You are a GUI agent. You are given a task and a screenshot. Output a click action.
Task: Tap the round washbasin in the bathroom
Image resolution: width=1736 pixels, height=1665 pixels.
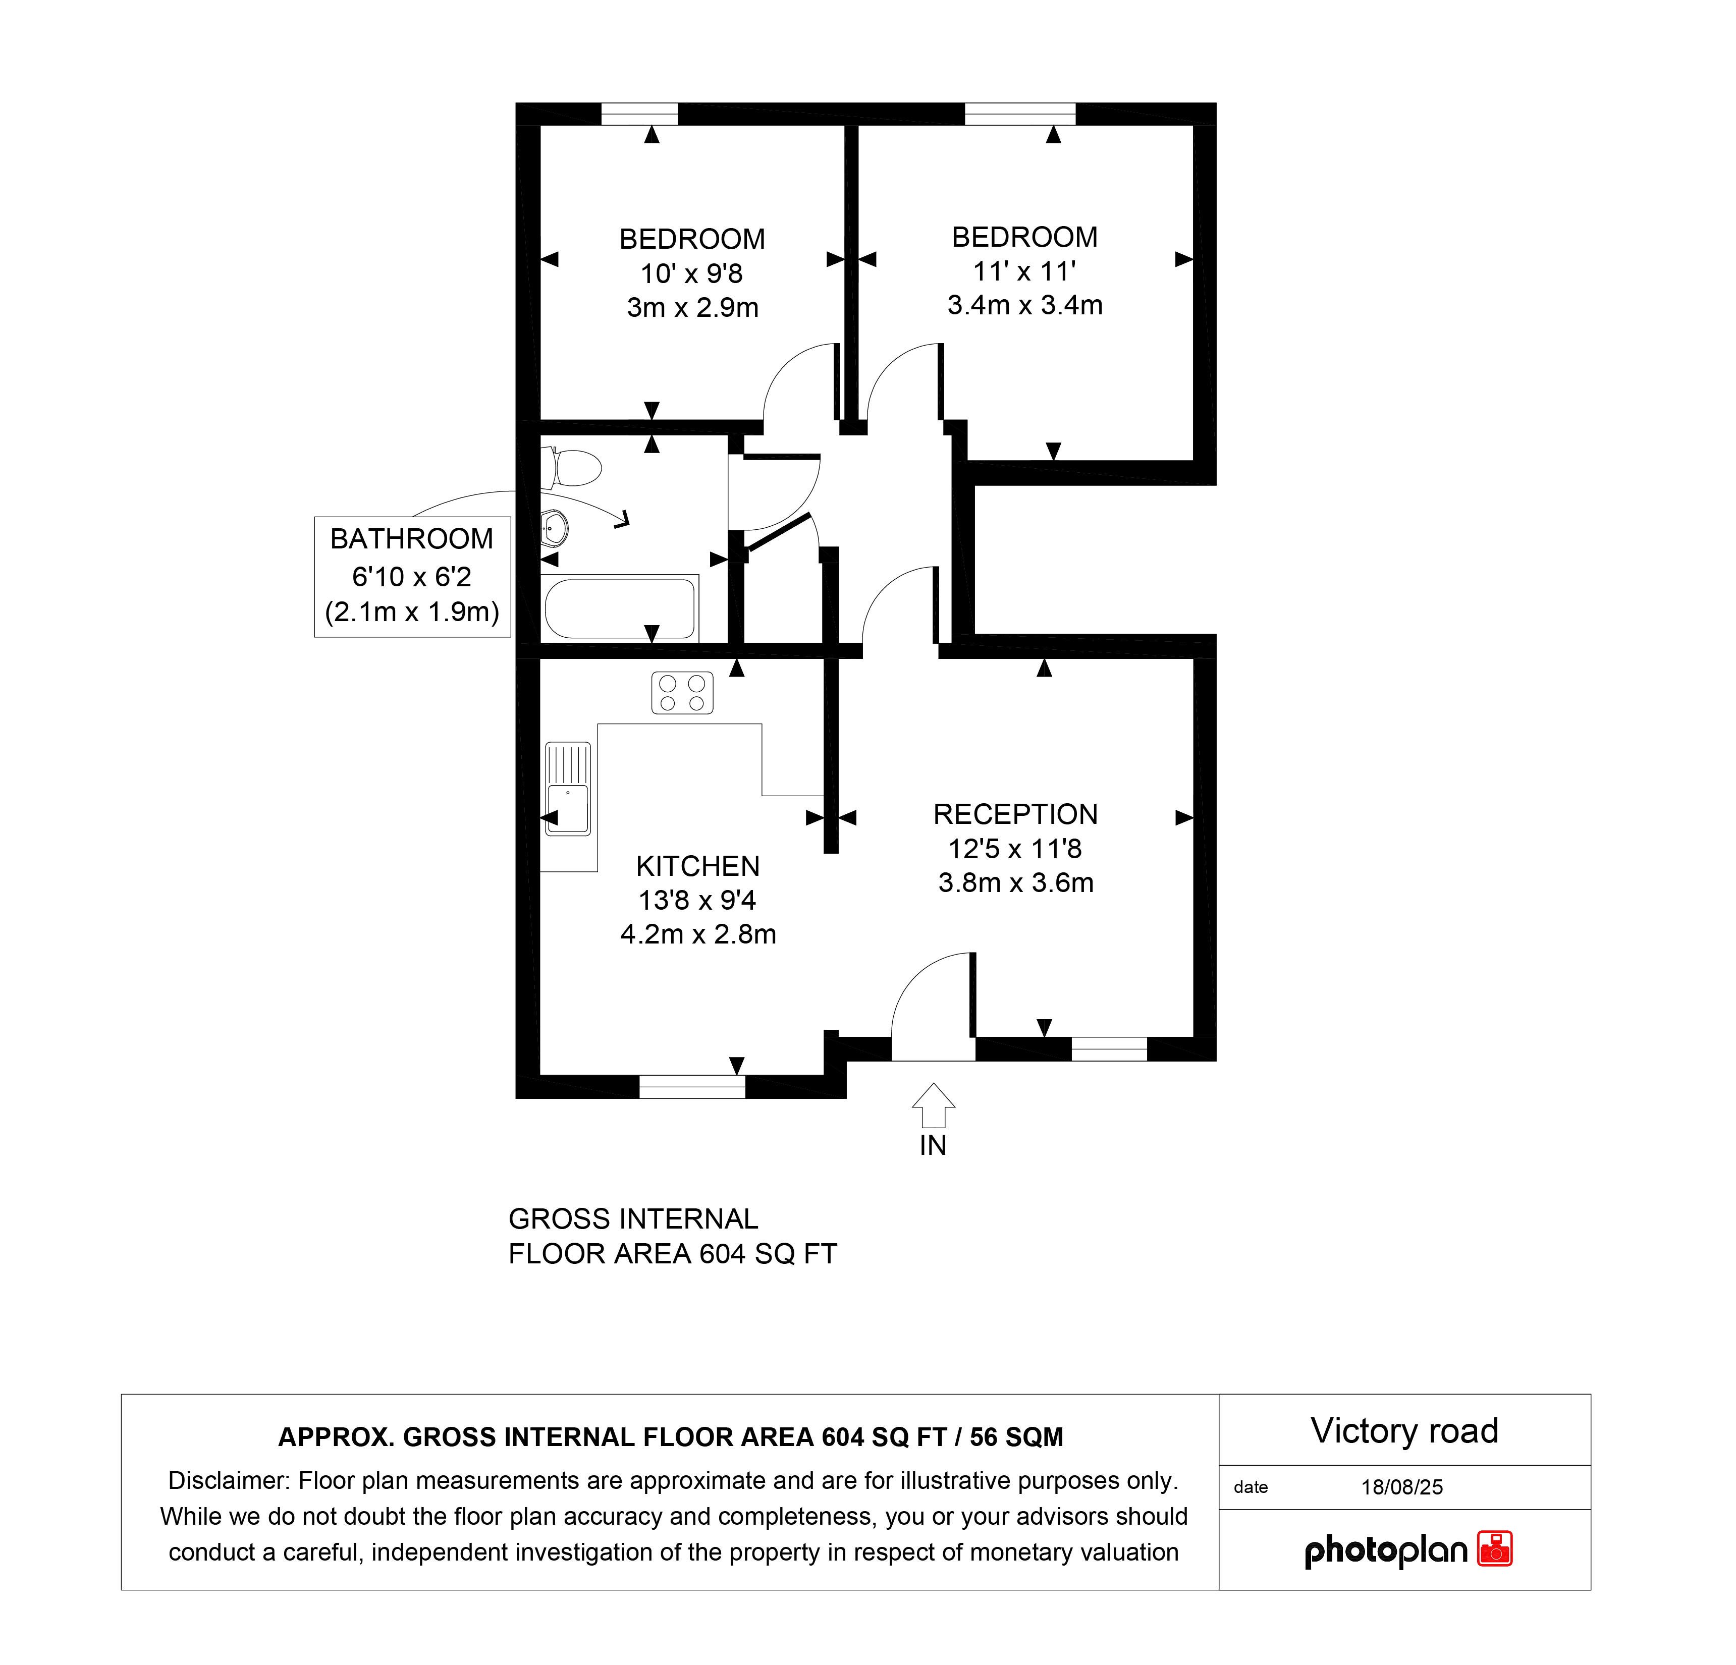[x=555, y=530]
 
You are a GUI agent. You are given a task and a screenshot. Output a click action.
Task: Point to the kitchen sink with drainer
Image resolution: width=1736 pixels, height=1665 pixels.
[x=568, y=788]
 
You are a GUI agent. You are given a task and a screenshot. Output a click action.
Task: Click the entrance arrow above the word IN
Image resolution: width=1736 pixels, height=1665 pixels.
[x=934, y=1105]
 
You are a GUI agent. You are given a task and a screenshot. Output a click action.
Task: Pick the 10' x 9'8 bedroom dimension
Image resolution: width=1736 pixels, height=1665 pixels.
[x=692, y=273]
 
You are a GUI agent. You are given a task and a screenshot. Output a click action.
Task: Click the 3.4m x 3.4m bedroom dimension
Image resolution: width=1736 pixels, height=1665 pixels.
[x=1025, y=305]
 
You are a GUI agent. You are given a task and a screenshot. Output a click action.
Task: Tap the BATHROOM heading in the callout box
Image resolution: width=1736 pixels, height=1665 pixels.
[x=412, y=538]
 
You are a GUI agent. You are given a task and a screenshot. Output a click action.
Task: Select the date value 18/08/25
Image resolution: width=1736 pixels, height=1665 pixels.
[x=1402, y=1487]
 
